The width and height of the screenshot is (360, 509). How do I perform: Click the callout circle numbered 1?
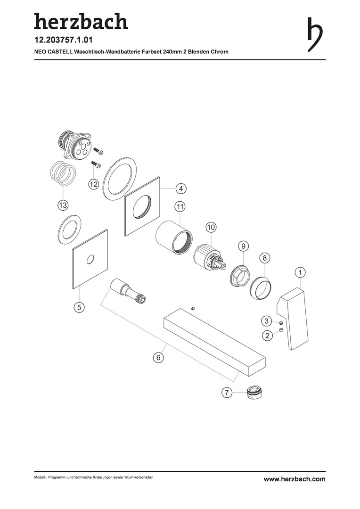tap(300, 273)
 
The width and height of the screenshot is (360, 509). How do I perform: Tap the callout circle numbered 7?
tap(227, 393)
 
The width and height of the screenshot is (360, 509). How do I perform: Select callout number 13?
tap(63, 205)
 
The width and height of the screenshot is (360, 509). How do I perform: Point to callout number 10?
tap(211, 227)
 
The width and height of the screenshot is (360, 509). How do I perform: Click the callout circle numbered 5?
tap(79, 307)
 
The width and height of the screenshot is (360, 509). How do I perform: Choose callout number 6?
tap(158, 357)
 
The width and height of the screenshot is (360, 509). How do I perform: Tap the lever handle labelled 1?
tap(293, 319)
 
